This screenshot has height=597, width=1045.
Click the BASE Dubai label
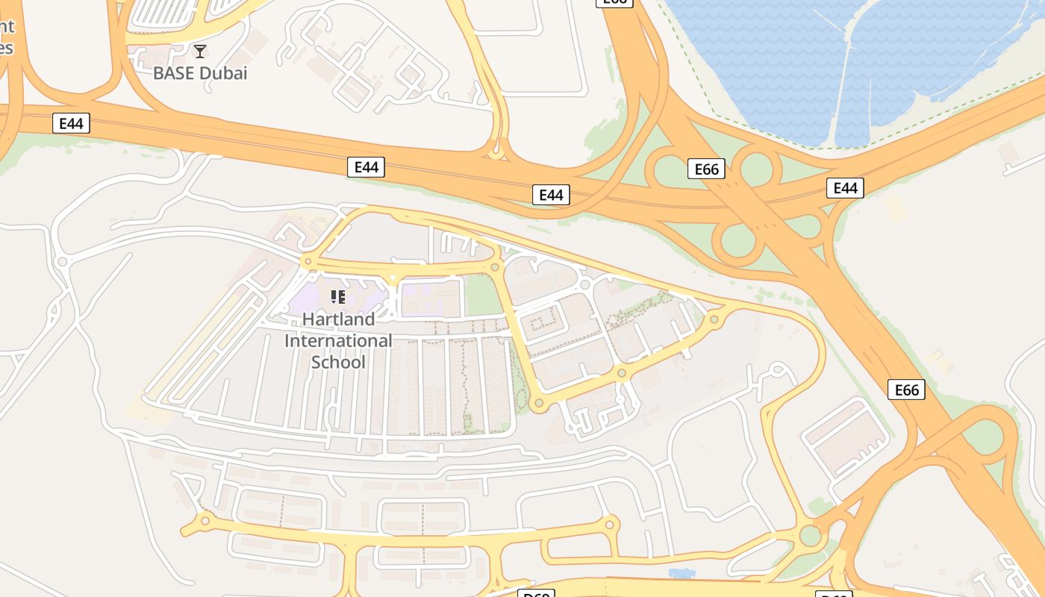tap(200, 73)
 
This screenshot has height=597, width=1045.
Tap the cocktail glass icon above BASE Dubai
tap(199, 51)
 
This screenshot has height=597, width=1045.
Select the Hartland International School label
tap(338, 340)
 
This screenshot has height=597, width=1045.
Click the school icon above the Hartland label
tap(337, 298)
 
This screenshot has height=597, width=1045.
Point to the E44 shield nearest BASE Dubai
tap(71, 123)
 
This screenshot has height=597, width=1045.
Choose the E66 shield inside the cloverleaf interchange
tap(706, 169)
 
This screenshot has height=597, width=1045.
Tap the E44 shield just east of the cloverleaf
tap(845, 188)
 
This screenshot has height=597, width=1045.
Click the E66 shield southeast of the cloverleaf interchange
tap(906, 390)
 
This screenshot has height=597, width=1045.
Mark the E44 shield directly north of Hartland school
tap(366, 167)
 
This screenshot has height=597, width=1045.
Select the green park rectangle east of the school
tap(483, 296)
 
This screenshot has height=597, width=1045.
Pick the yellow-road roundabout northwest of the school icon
tap(306, 262)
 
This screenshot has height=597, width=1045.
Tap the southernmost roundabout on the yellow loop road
tap(538, 404)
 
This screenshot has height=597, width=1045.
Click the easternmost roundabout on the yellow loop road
tap(714, 319)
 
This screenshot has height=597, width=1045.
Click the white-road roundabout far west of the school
tap(62, 262)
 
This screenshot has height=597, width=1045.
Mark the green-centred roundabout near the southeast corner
tap(810, 535)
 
